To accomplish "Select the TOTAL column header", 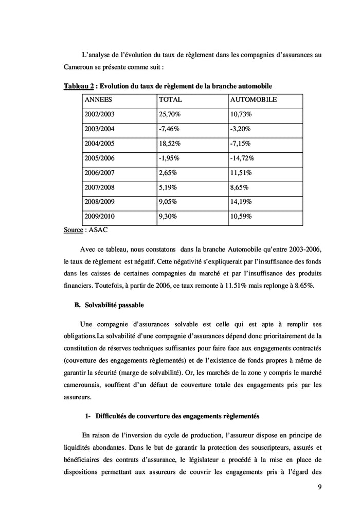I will [x=170, y=99].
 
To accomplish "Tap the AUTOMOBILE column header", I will [x=254, y=99].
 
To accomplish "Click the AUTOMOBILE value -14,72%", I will [x=242, y=158].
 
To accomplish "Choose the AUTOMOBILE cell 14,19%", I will [x=241, y=202].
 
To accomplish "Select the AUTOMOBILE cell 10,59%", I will [x=241, y=217].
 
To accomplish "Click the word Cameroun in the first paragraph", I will [x=80, y=67].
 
